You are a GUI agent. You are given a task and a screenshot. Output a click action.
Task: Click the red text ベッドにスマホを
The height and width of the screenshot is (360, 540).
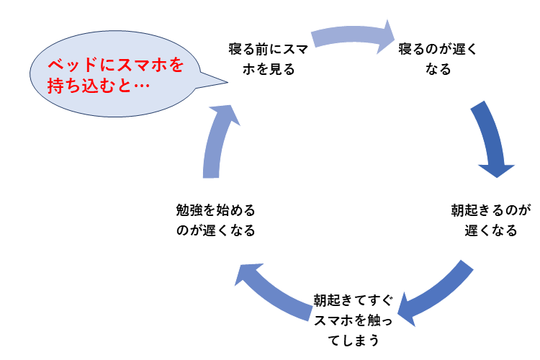click(x=115, y=65)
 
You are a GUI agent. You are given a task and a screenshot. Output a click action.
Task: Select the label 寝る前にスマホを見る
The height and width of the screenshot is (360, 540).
click(x=258, y=59)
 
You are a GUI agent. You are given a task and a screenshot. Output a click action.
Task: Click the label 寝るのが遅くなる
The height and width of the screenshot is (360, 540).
click(x=438, y=59)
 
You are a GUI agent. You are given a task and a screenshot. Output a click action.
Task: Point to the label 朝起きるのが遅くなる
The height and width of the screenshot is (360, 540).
click(x=490, y=221)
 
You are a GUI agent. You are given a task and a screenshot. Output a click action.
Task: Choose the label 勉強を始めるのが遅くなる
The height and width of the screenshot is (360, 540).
click(x=215, y=221)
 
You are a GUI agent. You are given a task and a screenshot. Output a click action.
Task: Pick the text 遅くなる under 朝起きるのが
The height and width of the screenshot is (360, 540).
click(x=490, y=231)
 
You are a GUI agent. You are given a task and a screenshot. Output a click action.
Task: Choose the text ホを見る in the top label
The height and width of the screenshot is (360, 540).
click(x=258, y=69)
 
